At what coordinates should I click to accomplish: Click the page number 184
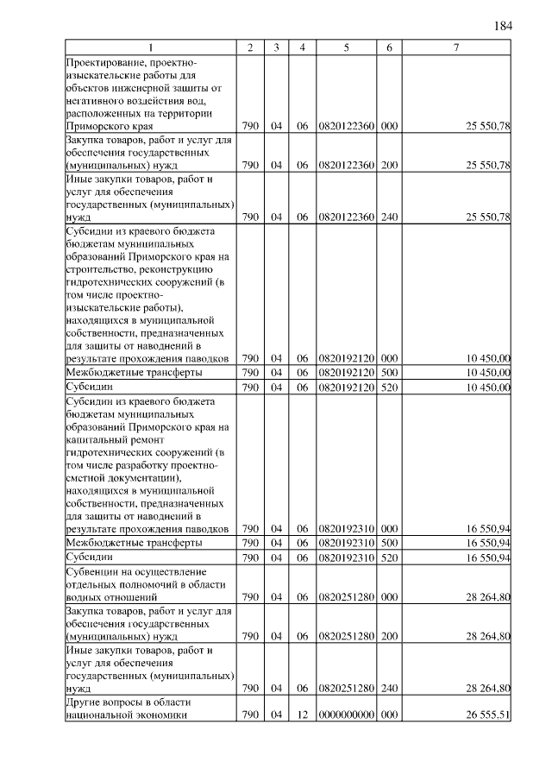503,25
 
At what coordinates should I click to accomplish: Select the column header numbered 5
345,47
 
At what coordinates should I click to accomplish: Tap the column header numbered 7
456,47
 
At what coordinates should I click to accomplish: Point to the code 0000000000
345,715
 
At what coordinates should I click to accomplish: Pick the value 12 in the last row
302,715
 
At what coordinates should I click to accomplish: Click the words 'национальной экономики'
126,715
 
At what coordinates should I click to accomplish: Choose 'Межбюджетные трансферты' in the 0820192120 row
135,373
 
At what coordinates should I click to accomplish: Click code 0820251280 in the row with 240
345,689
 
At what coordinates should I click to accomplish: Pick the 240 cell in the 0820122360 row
389,217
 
